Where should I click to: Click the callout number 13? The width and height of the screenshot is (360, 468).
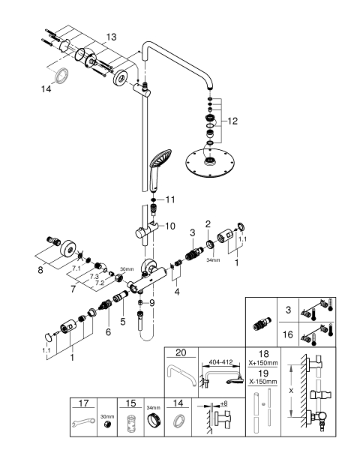tap(111, 37)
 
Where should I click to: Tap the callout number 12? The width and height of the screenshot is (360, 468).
tap(232, 121)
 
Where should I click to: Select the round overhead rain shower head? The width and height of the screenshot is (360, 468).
tap(210, 161)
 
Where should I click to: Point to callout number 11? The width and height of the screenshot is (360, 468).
tap(170, 199)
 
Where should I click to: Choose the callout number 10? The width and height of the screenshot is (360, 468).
tap(169, 226)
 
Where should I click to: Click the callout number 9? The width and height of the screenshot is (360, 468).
tap(152, 303)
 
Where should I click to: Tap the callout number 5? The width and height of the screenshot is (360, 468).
tap(123, 322)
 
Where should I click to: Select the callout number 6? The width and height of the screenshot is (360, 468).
tap(108, 331)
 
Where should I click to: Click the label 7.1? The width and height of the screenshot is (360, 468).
tap(76, 268)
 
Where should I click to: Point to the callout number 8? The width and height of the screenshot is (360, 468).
tap(40, 270)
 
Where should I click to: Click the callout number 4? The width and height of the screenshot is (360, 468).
tap(177, 292)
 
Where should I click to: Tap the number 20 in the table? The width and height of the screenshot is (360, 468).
tap(181, 352)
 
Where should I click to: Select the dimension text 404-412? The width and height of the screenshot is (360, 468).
tap(220, 362)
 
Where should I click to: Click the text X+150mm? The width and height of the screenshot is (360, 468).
tap(263, 363)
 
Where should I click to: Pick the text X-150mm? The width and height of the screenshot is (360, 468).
tap(262, 382)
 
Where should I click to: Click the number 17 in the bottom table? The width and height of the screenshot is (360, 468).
tap(83, 403)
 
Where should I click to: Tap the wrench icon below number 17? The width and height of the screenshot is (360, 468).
tap(83, 422)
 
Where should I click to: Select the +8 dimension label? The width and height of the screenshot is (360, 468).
tap(223, 403)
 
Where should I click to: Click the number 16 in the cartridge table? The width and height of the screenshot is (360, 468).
tap(288, 334)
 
